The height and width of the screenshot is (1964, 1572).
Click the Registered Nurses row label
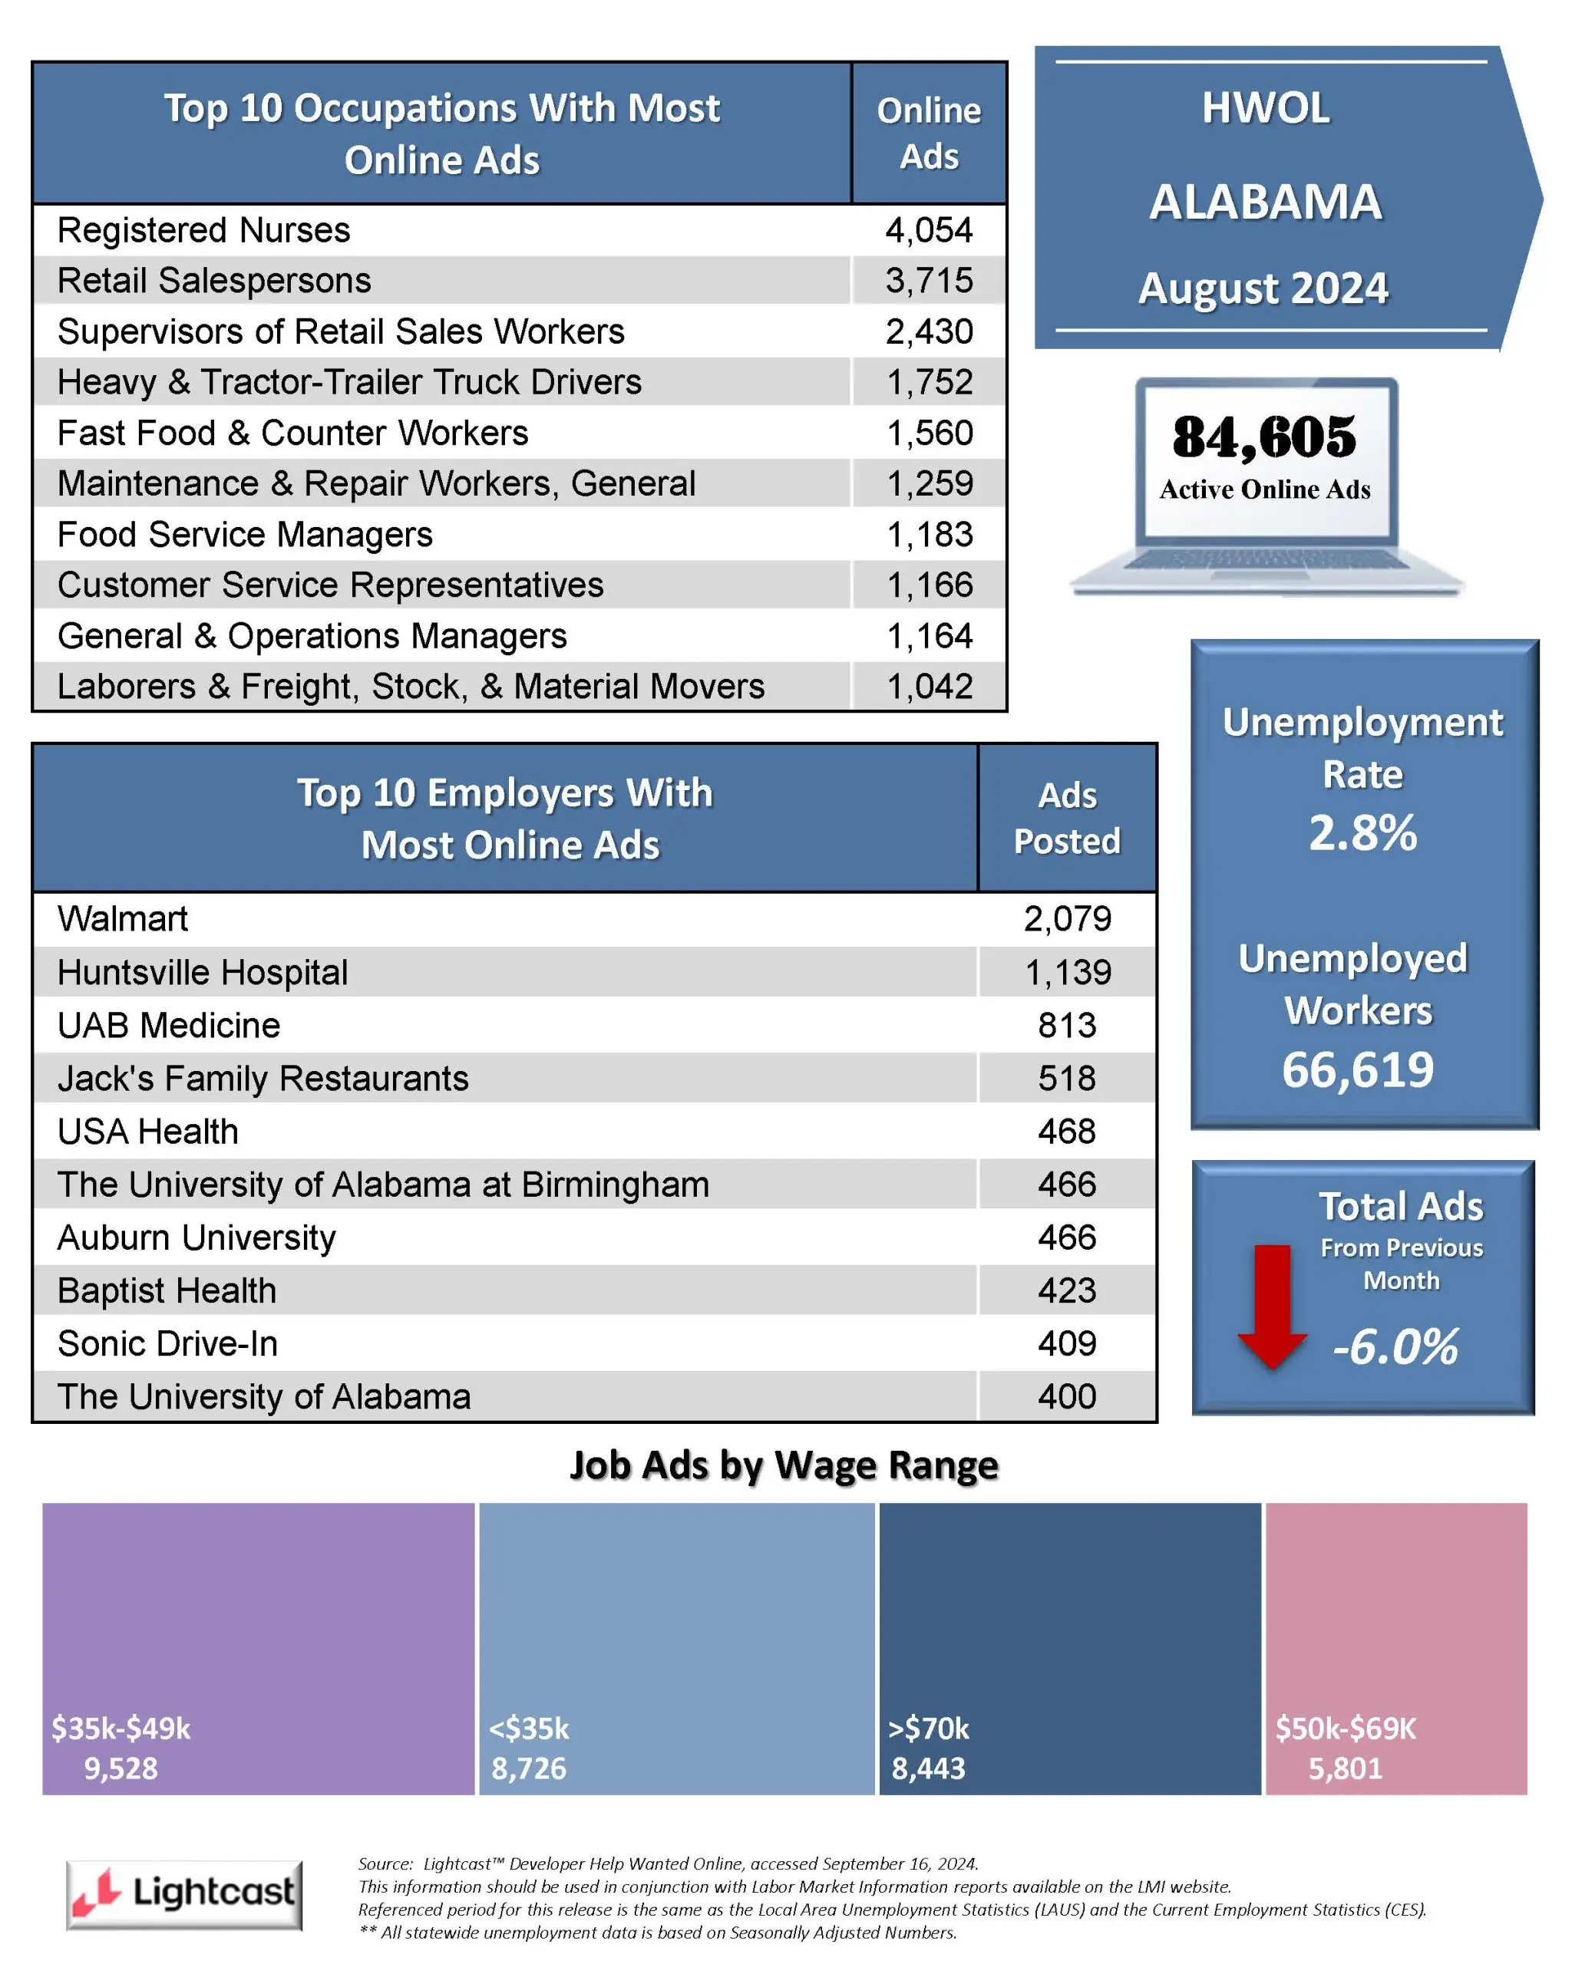[x=203, y=230]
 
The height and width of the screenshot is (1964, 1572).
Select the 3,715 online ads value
[x=929, y=281]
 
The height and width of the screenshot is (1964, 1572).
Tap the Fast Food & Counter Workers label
[x=292, y=433]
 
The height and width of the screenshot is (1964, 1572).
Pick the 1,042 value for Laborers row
[x=929, y=687]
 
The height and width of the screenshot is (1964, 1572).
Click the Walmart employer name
[x=122, y=919]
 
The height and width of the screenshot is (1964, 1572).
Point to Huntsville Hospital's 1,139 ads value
[x=1067, y=973]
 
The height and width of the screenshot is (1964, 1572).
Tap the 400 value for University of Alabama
[x=1067, y=1396]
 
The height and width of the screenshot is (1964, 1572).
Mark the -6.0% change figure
[x=1395, y=1346]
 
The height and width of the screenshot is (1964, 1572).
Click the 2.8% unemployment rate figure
[x=1362, y=832]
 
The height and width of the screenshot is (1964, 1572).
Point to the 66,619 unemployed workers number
[x=1358, y=1069]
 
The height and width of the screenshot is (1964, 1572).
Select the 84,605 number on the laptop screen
[x=1264, y=437]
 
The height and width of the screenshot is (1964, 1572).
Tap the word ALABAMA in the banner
[x=1266, y=203]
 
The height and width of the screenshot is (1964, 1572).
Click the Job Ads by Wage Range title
[x=784, y=1466]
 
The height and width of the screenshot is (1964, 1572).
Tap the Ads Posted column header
[x=1067, y=818]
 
